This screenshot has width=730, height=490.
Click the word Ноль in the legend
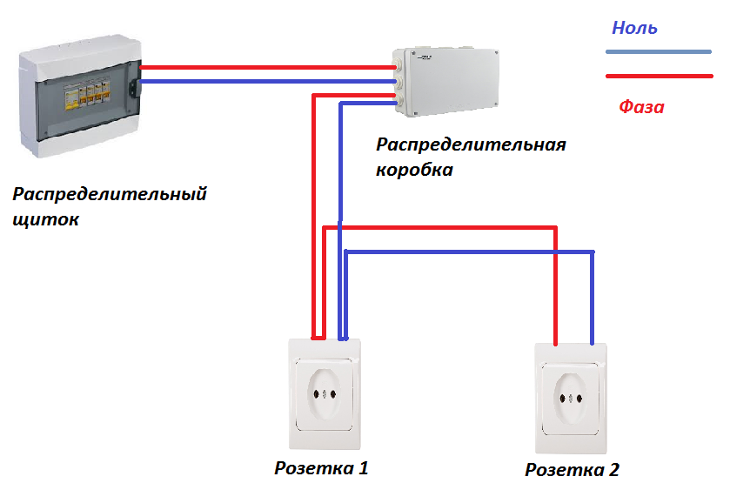click(634, 28)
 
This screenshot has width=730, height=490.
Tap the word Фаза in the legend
click(641, 107)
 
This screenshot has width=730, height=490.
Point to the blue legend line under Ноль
click(659, 51)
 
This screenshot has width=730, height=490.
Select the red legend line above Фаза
click(660, 76)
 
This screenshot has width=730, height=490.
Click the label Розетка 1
click(321, 468)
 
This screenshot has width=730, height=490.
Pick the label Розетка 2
click(573, 470)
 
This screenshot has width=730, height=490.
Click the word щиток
click(45, 219)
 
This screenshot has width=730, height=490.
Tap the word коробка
click(414, 170)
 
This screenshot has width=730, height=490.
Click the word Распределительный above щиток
click(110, 194)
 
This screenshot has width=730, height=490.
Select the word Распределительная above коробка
click(471, 144)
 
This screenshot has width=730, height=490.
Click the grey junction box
click(445, 81)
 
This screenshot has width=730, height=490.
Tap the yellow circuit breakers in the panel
click(87, 95)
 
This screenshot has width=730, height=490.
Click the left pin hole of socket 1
click(316, 394)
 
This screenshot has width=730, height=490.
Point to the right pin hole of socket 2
click(579, 399)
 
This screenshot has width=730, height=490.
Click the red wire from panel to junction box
click(268, 68)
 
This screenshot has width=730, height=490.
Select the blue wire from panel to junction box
click(268, 82)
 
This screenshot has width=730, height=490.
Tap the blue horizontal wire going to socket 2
click(469, 252)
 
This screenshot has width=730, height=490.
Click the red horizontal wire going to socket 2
click(440, 228)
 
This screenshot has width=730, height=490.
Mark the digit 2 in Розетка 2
click(613, 469)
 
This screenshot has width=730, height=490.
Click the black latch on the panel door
click(135, 88)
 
